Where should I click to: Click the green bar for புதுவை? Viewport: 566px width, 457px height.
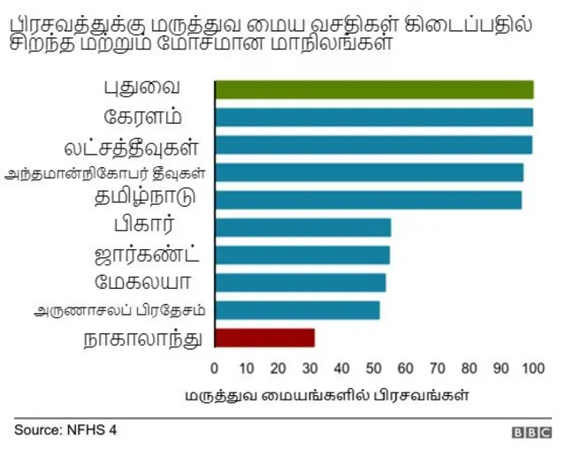click(374, 89)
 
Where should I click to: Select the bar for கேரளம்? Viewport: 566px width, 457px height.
click(374, 117)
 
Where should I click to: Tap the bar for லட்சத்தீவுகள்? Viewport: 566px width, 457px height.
click(373, 144)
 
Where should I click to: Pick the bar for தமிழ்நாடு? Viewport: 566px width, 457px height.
click(368, 199)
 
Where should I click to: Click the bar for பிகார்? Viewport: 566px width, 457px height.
click(302, 227)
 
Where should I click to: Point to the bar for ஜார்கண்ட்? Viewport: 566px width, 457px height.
click(302, 255)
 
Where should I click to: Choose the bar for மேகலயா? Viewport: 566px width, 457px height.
click(300, 282)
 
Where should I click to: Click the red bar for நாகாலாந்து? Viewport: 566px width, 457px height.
click(264, 337)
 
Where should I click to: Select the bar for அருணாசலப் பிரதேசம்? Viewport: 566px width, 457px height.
click(297, 309)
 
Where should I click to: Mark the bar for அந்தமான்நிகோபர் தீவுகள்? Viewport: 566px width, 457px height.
click(369, 171)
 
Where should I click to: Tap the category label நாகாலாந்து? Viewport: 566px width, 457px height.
click(141, 337)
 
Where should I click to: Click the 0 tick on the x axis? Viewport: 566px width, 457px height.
click(214, 368)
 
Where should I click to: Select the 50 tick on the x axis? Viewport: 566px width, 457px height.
click(373, 368)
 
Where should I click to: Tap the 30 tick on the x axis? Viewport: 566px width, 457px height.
click(310, 368)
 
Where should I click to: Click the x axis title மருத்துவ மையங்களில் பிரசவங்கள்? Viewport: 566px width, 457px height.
click(326, 394)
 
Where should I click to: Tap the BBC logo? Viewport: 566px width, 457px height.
click(531, 432)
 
